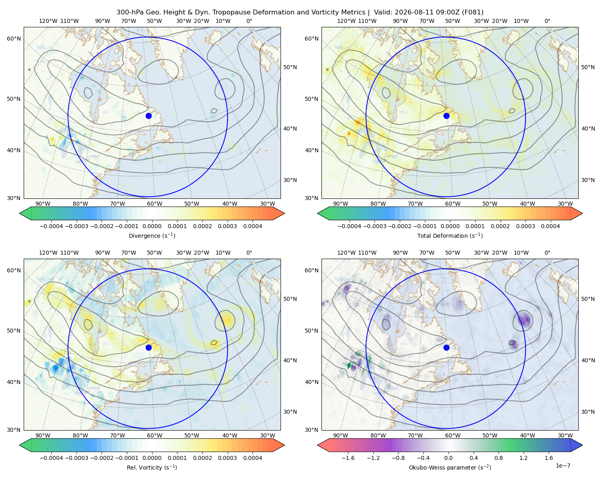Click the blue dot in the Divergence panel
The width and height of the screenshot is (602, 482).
coord(148,116)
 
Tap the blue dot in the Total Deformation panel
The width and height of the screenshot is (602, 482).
coord(446,116)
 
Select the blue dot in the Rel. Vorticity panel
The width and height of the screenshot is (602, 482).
coord(148,347)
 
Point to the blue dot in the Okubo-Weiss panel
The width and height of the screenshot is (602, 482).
coord(446,347)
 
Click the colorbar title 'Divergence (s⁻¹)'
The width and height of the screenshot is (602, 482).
coord(152,236)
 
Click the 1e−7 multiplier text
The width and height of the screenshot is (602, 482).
coord(563,466)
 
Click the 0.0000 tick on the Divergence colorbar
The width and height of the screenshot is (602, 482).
coord(152,226)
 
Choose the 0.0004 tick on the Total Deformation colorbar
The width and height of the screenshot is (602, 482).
coord(550,226)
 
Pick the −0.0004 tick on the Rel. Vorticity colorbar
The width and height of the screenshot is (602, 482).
coord(51,458)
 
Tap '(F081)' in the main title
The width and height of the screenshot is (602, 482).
coord(472,12)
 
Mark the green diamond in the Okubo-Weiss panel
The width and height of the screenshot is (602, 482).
coord(349,366)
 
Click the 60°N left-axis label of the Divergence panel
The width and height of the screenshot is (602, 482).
coord(14,39)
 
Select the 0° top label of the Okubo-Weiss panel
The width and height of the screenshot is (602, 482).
coord(547,253)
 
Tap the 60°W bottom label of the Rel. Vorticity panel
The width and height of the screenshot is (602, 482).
coord(155,435)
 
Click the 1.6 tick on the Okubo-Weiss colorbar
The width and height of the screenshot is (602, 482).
coord(549,458)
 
